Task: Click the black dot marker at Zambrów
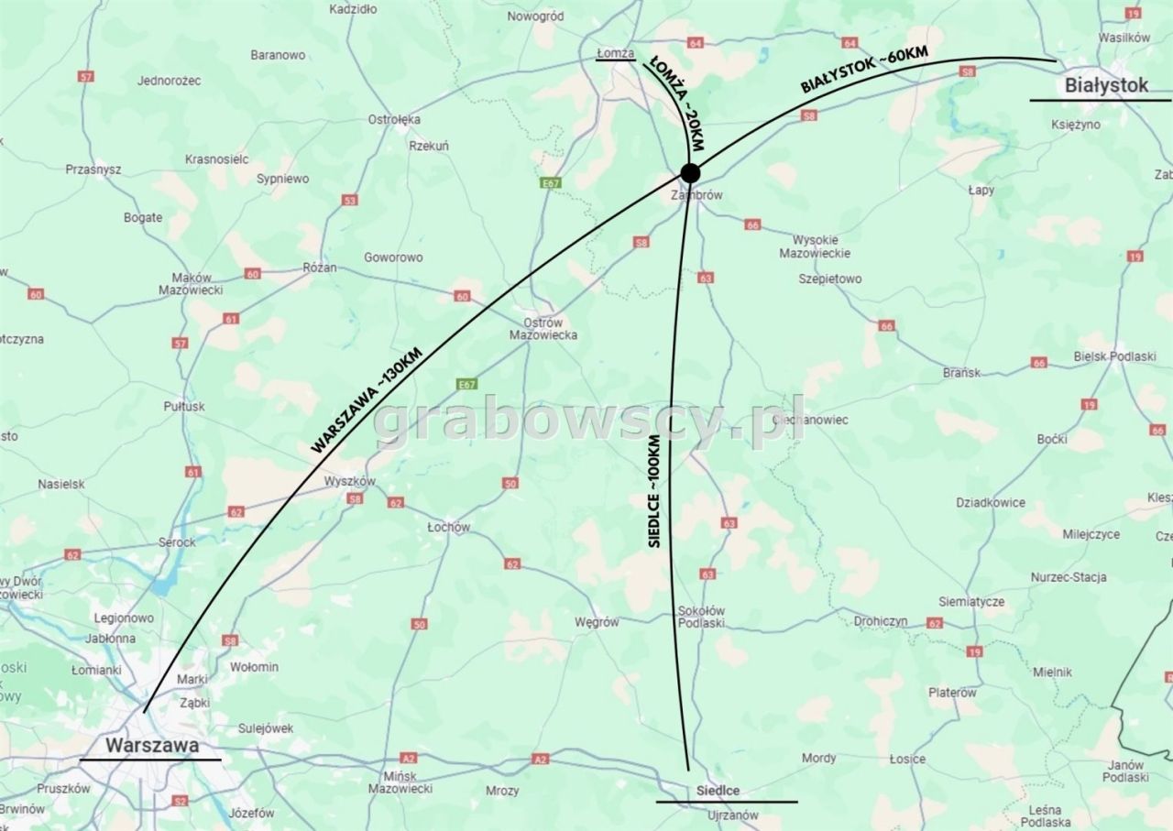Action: click(690, 172)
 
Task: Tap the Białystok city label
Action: click(1106, 85)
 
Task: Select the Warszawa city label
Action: click(152, 745)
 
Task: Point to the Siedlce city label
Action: click(718, 791)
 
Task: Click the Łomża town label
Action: click(616, 53)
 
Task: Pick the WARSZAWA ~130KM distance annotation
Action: click(367, 399)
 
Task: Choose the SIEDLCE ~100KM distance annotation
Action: click(654, 492)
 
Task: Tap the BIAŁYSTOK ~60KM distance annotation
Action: click(864, 70)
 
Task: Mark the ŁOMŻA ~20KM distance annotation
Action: click(677, 104)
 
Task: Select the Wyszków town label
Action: click(350, 481)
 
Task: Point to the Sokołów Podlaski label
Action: click(701, 617)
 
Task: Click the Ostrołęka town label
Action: click(394, 119)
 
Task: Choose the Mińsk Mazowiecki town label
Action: click(400, 781)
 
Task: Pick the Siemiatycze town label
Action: click(971, 602)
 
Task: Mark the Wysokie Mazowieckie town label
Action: click(815, 246)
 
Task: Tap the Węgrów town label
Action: click(597, 622)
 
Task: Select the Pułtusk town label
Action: click(184, 406)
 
